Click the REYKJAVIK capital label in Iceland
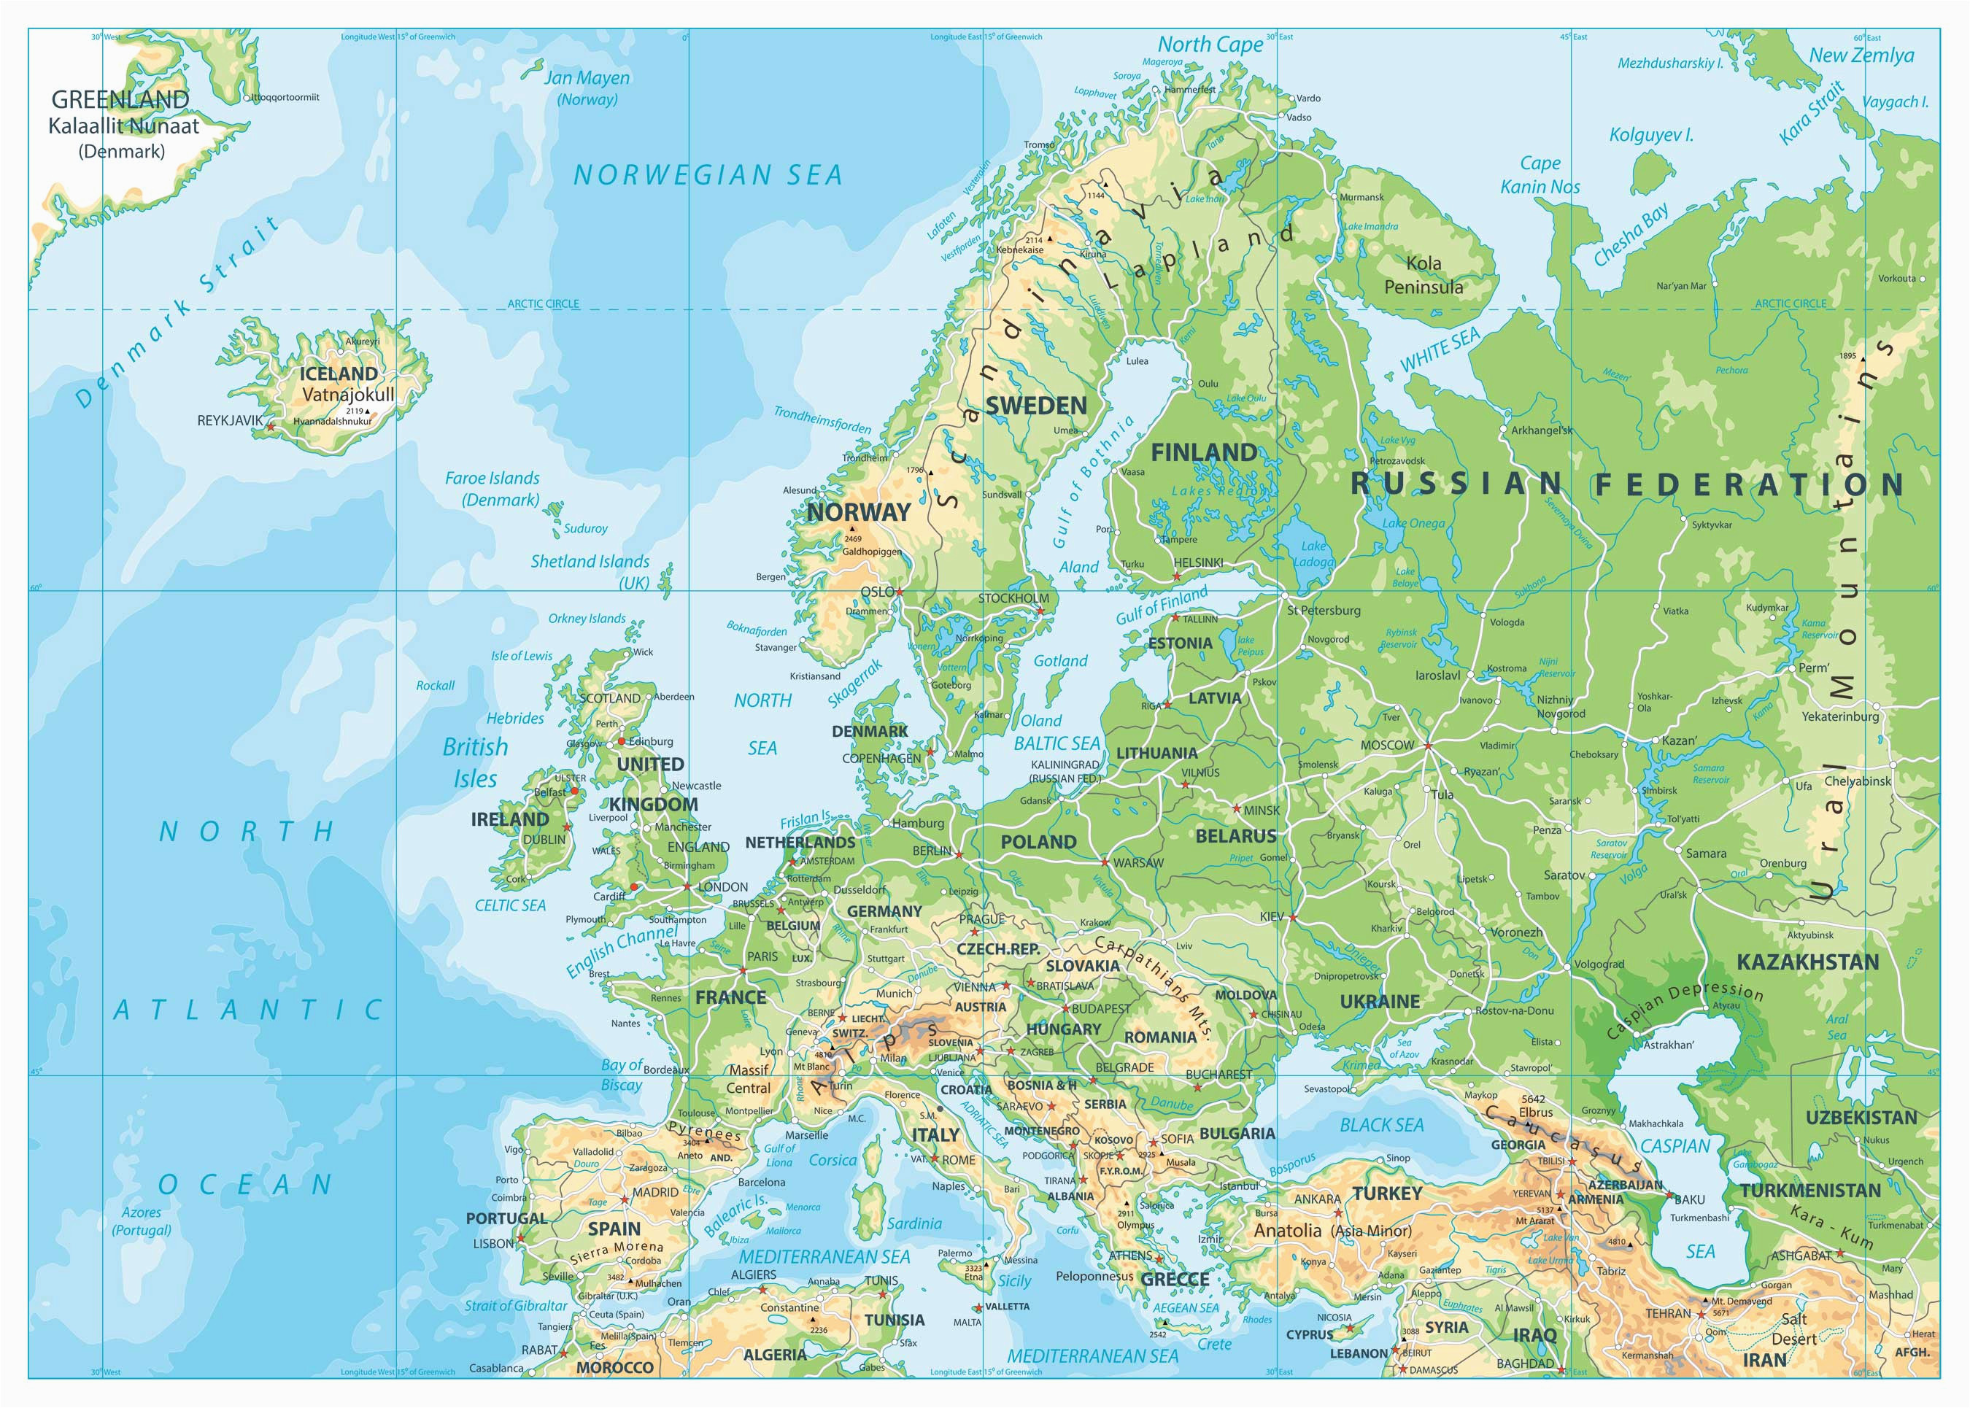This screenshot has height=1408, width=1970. pos(229,420)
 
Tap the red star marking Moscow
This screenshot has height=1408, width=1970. pos(1427,745)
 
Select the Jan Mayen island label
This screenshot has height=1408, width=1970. pos(587,88)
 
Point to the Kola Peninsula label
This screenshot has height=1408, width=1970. pos(1423,275)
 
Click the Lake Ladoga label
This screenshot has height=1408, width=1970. pos(1313,554)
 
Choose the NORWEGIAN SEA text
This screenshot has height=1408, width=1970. pos(708,176)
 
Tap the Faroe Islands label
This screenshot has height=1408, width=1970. pos(492,488)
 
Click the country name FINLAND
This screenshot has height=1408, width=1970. pos(1202,452)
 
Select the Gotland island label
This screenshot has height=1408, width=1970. pos(1059,661)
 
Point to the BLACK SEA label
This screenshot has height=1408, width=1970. pos(1381,1126)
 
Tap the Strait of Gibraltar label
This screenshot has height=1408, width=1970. pos(516,1306)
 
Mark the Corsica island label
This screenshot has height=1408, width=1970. pos(833,1160)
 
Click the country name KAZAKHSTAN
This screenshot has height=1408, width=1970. pos(1807,962)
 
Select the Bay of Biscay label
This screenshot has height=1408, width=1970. pos(622,1075)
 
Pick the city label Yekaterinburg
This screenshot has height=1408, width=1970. pos(1840,717)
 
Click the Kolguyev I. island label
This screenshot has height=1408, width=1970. pos(1651,135)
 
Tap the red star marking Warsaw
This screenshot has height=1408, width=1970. pos(1104,862)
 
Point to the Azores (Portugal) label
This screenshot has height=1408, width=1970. pos(142,1221)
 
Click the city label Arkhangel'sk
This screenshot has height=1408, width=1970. pos(1542,430)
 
